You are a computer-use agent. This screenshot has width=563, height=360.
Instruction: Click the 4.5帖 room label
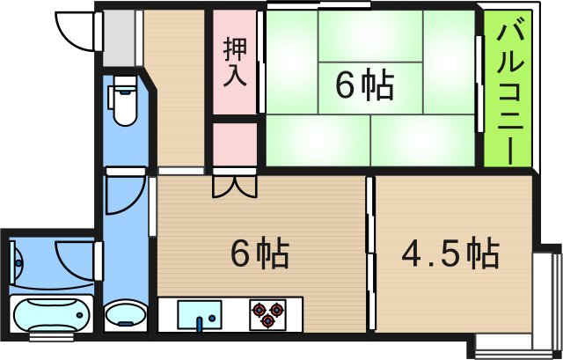click(x=450, y=254)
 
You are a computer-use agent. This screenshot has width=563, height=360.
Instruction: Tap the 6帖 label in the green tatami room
click(x=364, y=86)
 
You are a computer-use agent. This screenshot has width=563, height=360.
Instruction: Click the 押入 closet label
click(x=234, y=61)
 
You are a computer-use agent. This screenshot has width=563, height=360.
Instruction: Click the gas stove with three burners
click(x=268, y=312)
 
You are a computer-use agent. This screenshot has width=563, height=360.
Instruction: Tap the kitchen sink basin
click(x=201, y=312)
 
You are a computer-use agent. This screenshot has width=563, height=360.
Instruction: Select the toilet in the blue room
click(x=124, y=101)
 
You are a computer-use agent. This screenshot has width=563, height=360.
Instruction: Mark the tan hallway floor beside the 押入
click(x=175, y=88)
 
